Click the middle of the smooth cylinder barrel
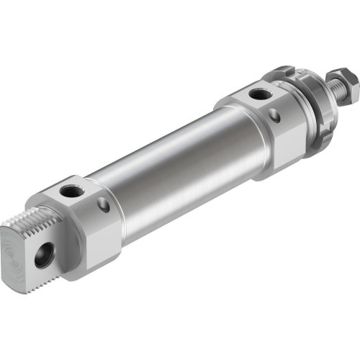pyautogui.click(x=180, y=166)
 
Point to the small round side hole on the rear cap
pyautogui.click(x=104, y=207)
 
